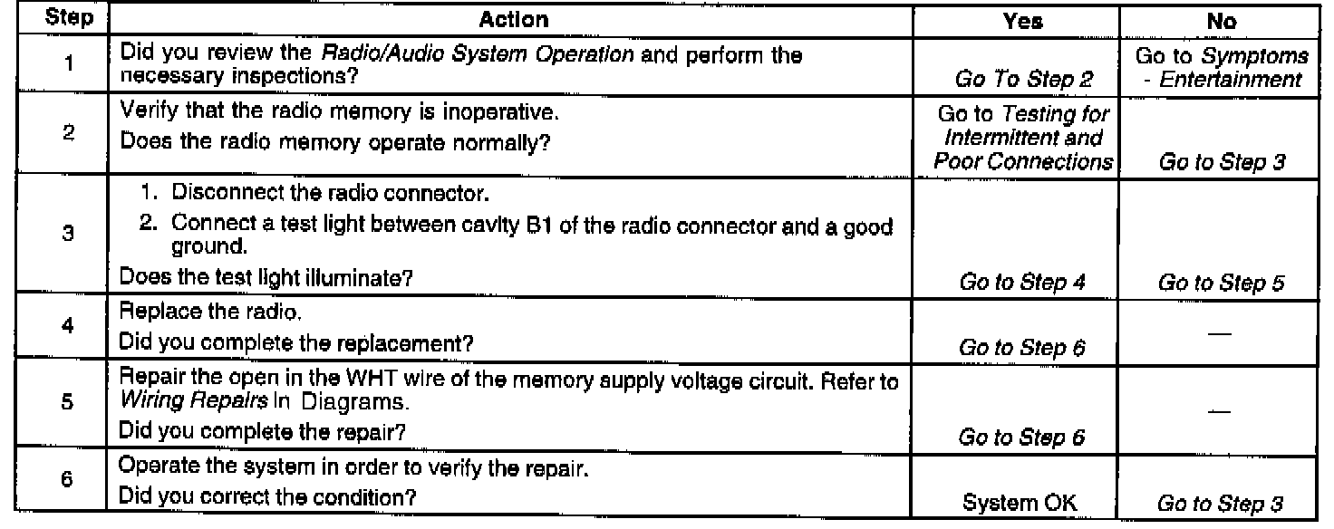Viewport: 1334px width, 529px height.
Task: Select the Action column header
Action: pyautogui.click(x=513, y=18)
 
